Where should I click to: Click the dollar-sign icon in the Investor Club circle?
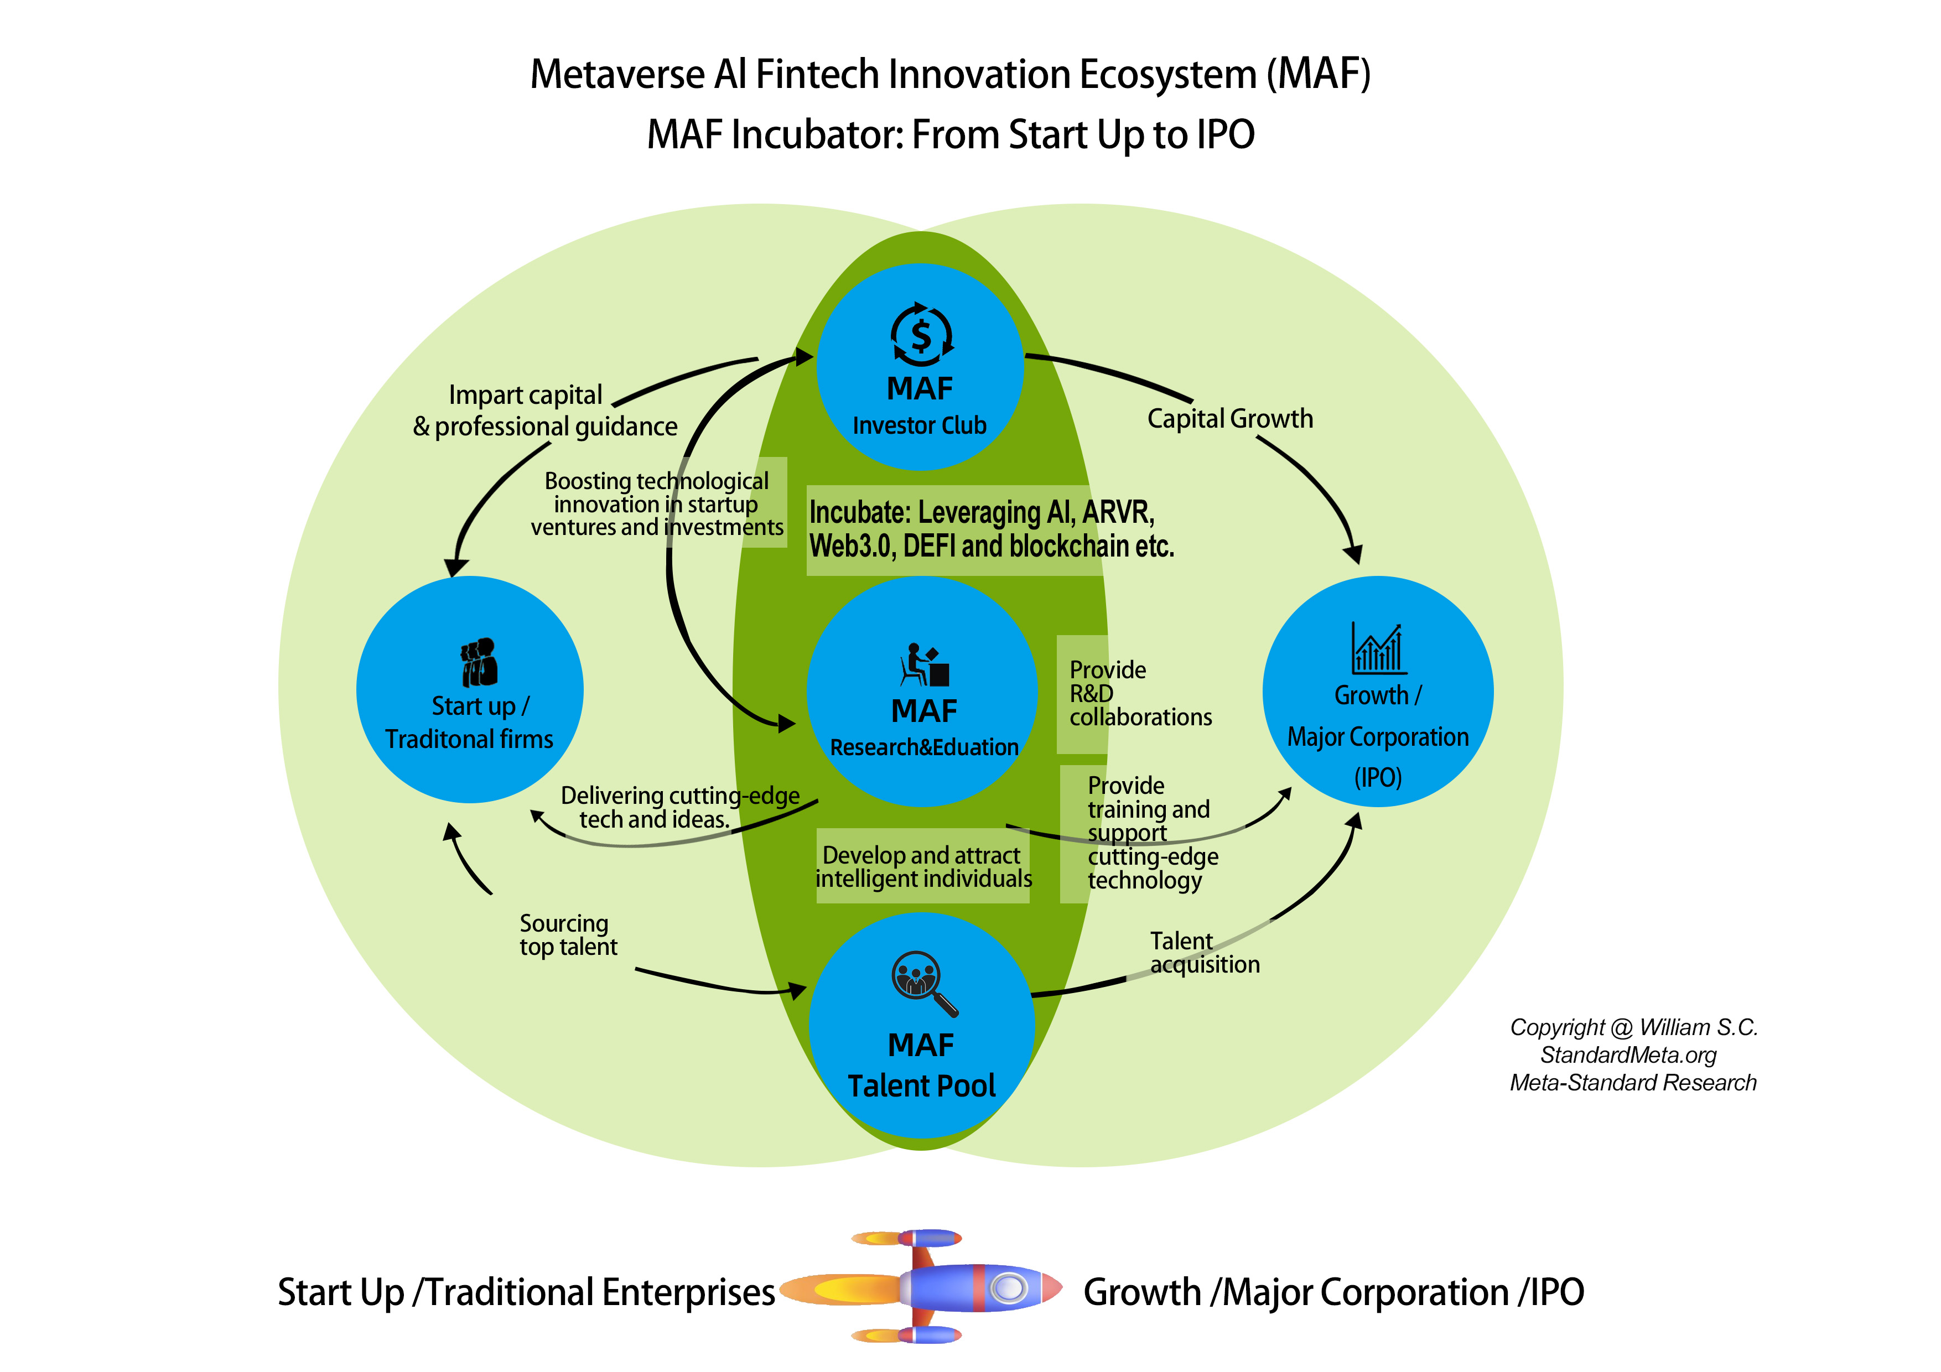[x=921, y=336]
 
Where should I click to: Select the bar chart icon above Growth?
[x=1378, y=649]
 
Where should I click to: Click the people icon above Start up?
[x=479, y=661]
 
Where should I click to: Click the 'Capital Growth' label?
[x=1229, y=418]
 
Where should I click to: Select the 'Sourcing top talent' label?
[x=568, y=935]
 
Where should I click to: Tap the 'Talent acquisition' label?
[x=1204, y=953]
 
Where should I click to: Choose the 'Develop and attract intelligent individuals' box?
[x=923, y=866]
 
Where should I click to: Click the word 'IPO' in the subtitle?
[x=1225, y=135]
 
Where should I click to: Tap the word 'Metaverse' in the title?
[x=617, y=74]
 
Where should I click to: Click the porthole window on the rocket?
[x=1008, y=1287]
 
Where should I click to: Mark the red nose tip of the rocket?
[x=1052, y=1287]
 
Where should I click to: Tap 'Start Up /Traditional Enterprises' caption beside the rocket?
[x=526, y=1292]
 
